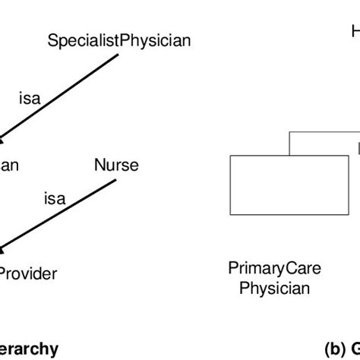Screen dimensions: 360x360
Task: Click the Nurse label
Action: pos(116,165)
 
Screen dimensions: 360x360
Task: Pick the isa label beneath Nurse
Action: pos(54,198)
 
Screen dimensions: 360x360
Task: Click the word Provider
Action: pos(28,273)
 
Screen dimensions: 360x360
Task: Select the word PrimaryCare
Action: pos(274,267)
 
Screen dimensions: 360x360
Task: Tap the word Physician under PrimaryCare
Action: pos(274,288)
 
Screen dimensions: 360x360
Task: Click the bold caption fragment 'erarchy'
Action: pos(28,349)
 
